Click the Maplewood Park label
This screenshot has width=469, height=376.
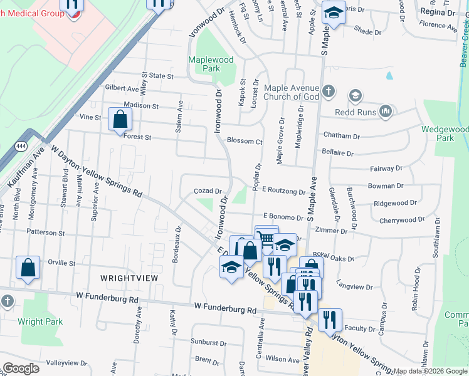click(x=211, y=64)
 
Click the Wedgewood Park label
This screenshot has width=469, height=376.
click(x=445, y=133)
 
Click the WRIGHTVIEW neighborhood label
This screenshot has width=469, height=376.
click(x=125, y=276)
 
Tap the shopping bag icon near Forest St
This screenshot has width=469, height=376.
click(x=119, y=119)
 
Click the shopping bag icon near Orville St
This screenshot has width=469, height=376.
click(x=29, y=268)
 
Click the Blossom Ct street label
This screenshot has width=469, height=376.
click(x=245, y=142)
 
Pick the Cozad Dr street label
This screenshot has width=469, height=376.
click(x=208, y=191)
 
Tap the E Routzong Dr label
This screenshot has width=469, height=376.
click(x=283, y=192)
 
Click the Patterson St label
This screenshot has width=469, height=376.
click(x=46, y=232)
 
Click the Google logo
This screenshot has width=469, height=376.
click(x=21, y=368)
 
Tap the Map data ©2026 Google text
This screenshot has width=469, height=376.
click(x=429, y=371)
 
